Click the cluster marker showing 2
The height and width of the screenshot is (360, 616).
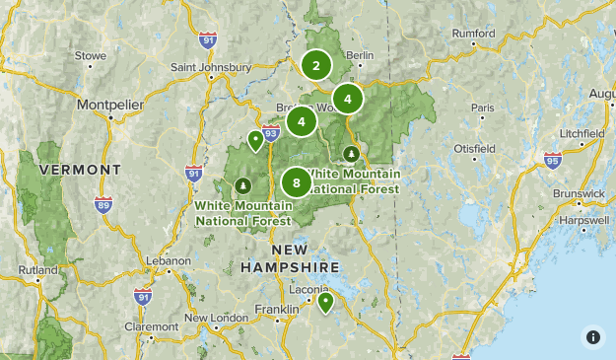316,66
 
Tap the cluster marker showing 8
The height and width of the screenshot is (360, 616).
297,182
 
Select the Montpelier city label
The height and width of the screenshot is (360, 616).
110,104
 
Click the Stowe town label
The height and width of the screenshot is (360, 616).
90,56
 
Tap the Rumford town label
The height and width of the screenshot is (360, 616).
474,33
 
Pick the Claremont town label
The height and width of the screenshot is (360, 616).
152,326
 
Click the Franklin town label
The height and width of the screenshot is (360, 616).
276,309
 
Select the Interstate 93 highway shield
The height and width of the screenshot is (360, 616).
272,132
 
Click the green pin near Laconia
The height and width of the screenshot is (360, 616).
325,302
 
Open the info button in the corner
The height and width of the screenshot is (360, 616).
593,337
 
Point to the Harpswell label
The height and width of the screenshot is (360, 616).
582,220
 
